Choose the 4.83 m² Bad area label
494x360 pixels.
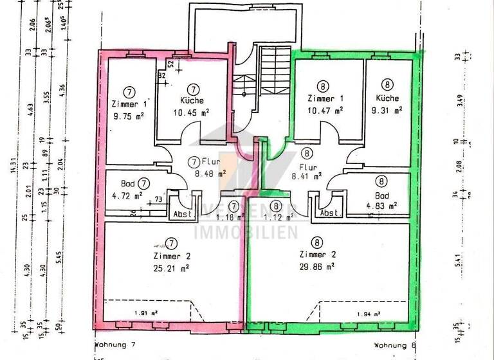(x=386, y=206)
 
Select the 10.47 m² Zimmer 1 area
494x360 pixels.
(x=325, y=111)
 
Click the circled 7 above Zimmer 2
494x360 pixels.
(x=171, y=243)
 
